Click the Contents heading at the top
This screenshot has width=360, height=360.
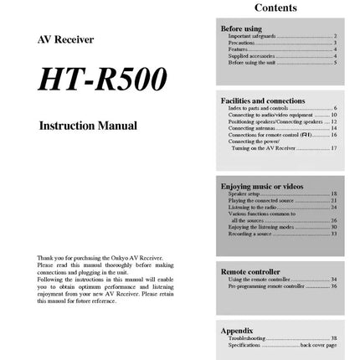coord(275,8)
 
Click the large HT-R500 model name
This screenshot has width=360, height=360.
coord(102,80)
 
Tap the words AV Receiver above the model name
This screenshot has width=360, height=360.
coord(66,39)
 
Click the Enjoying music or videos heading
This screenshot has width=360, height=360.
coord(262,185)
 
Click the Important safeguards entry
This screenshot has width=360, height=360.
coord(250,36)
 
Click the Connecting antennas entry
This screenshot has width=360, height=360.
coord(249,127)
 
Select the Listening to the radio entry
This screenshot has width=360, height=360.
coord(251,206)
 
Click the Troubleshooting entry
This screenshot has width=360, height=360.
coord(245,338)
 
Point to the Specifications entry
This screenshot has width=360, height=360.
coord(244,345)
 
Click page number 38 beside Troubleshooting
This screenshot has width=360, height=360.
coord(333,338)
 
